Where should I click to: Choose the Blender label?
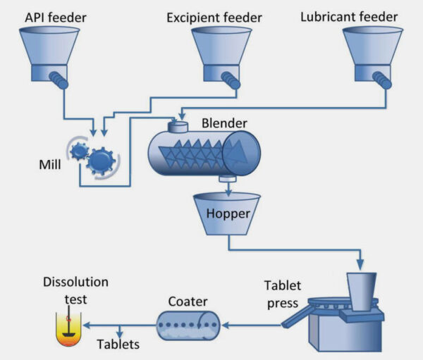click(224, 123)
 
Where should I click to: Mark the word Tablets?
click(118, 345)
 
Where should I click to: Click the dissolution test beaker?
click(69, 329)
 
